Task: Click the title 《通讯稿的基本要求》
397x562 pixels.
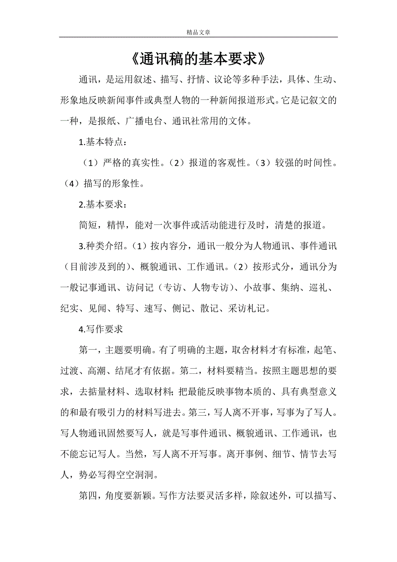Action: click(198, 59)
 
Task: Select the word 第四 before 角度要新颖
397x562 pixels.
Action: click(88, 495)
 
